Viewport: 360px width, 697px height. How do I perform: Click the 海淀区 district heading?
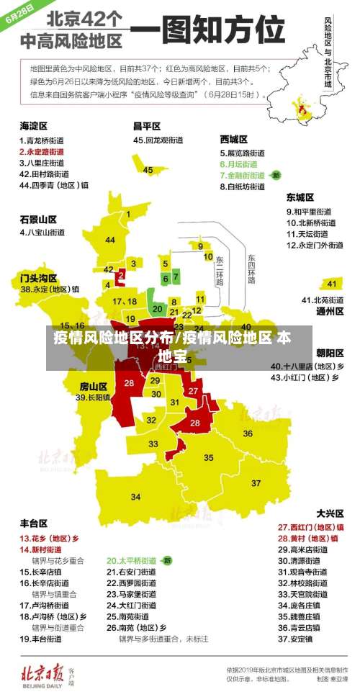(35, 126)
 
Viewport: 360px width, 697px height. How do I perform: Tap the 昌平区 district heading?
(147, 126)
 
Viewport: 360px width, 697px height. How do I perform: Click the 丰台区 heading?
(33, 523)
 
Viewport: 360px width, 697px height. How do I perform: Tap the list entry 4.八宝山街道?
(42, 233)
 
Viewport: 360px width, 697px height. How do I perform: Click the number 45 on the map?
(148, 170)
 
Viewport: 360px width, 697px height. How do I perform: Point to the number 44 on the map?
(110, 240)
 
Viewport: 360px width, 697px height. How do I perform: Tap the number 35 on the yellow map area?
(208, 457)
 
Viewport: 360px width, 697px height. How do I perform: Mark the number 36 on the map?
(247, 433)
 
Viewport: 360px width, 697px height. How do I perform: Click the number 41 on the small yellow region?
(332, 283)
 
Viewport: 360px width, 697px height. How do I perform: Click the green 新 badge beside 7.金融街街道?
(276, 175)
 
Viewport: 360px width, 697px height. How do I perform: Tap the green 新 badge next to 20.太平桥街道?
(167, 559)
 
